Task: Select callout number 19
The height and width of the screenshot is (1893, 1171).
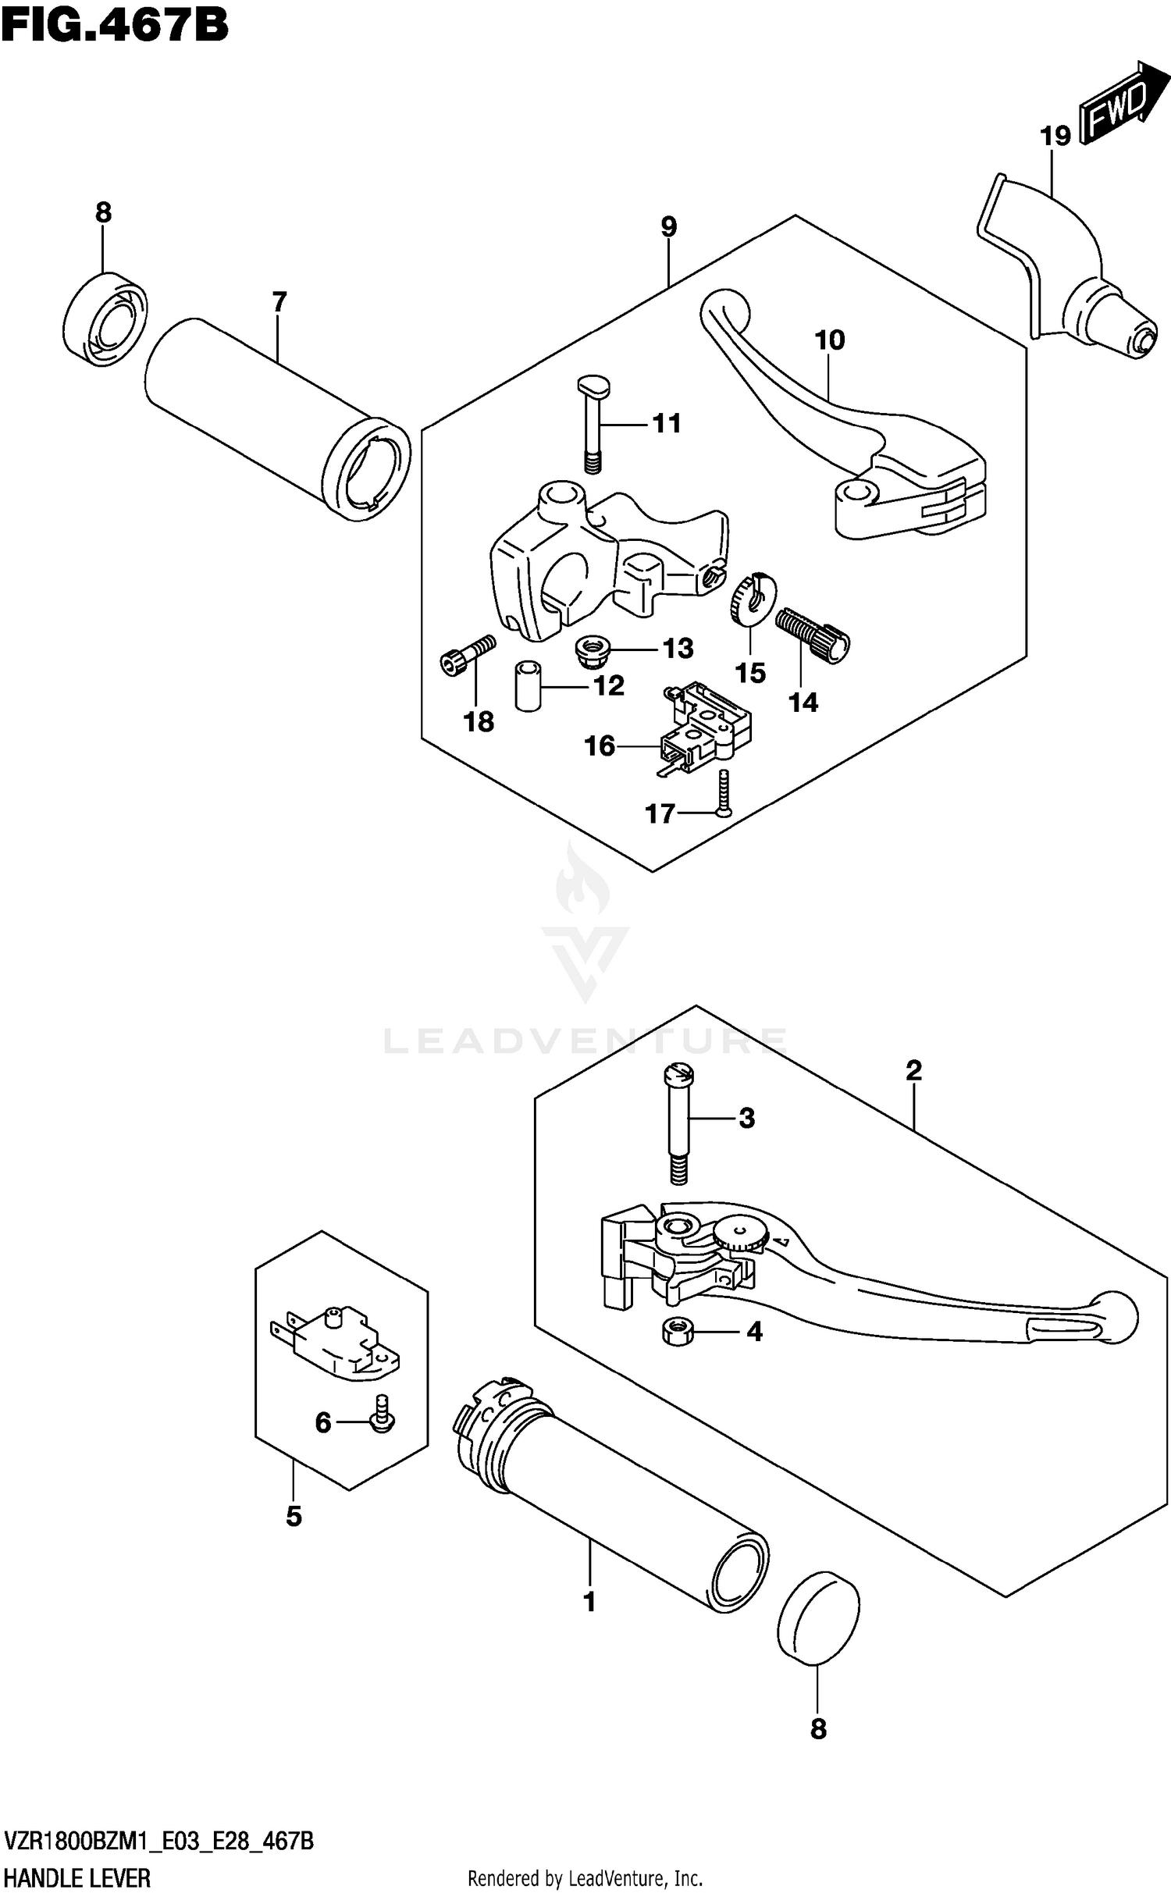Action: tap(1055, 137)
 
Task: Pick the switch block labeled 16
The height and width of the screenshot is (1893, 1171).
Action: tap(703, 730)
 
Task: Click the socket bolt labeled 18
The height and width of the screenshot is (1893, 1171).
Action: tap(466, 655)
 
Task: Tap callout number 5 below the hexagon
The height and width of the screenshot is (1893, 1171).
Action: tap(294, 1516)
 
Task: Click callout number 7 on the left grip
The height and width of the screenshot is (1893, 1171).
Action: tap(279, 302)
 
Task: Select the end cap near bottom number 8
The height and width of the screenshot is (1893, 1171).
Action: tap(818, 1616)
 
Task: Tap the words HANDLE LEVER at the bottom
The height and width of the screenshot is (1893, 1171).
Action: tap(77, 1877)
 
